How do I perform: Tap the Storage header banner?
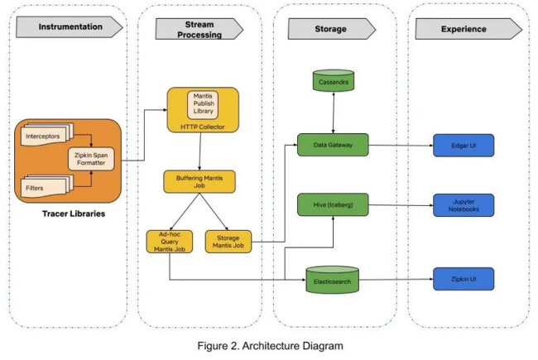328,29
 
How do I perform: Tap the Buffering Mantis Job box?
199,180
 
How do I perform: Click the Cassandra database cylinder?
334,82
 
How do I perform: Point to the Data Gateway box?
333,145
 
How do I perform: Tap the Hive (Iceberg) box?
333,204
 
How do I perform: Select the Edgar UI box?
463,145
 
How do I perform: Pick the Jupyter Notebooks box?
463,204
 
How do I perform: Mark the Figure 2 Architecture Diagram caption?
270,345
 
